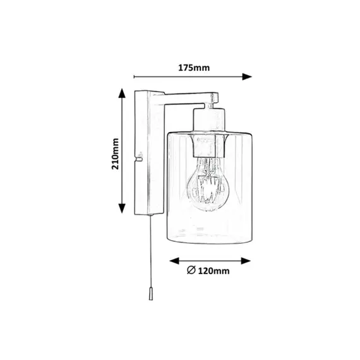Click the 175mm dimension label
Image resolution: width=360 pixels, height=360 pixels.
click(x=194, y=68)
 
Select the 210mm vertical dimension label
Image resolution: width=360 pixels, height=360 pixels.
click(x=115, y=153)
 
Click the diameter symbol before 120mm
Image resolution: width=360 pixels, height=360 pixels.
click(x=191, y=270)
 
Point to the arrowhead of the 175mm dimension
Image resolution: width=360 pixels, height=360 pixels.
click(x=247, y=76)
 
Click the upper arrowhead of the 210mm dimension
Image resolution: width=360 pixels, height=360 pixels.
click(x=122, y=93)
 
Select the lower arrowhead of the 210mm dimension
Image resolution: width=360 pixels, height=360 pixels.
click(x=122, y=208)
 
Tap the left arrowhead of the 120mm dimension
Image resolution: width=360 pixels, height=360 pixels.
click(x=174, y=261)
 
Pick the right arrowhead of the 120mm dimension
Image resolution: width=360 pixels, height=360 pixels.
click(x=246, y=261)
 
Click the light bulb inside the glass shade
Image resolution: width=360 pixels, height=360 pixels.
click(x=208, y=184)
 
